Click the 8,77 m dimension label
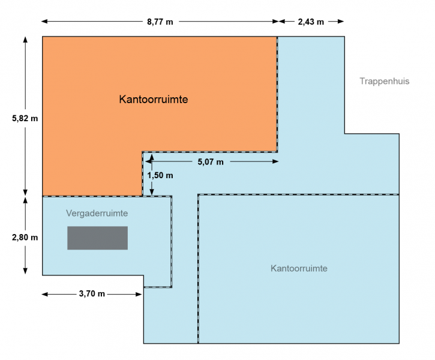pos(160,22)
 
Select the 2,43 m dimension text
pos(311,22)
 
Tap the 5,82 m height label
pos(25,118)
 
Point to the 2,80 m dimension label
pos(25,238)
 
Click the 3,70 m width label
pos(92,293)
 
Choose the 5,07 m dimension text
pos(210,161)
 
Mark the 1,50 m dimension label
pos(160,175)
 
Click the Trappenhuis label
pos(385,81)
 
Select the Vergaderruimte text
pos(97,213)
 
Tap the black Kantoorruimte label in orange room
pos(154,99)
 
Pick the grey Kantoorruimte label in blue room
pos(299,268)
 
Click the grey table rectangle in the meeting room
pos(98,238)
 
